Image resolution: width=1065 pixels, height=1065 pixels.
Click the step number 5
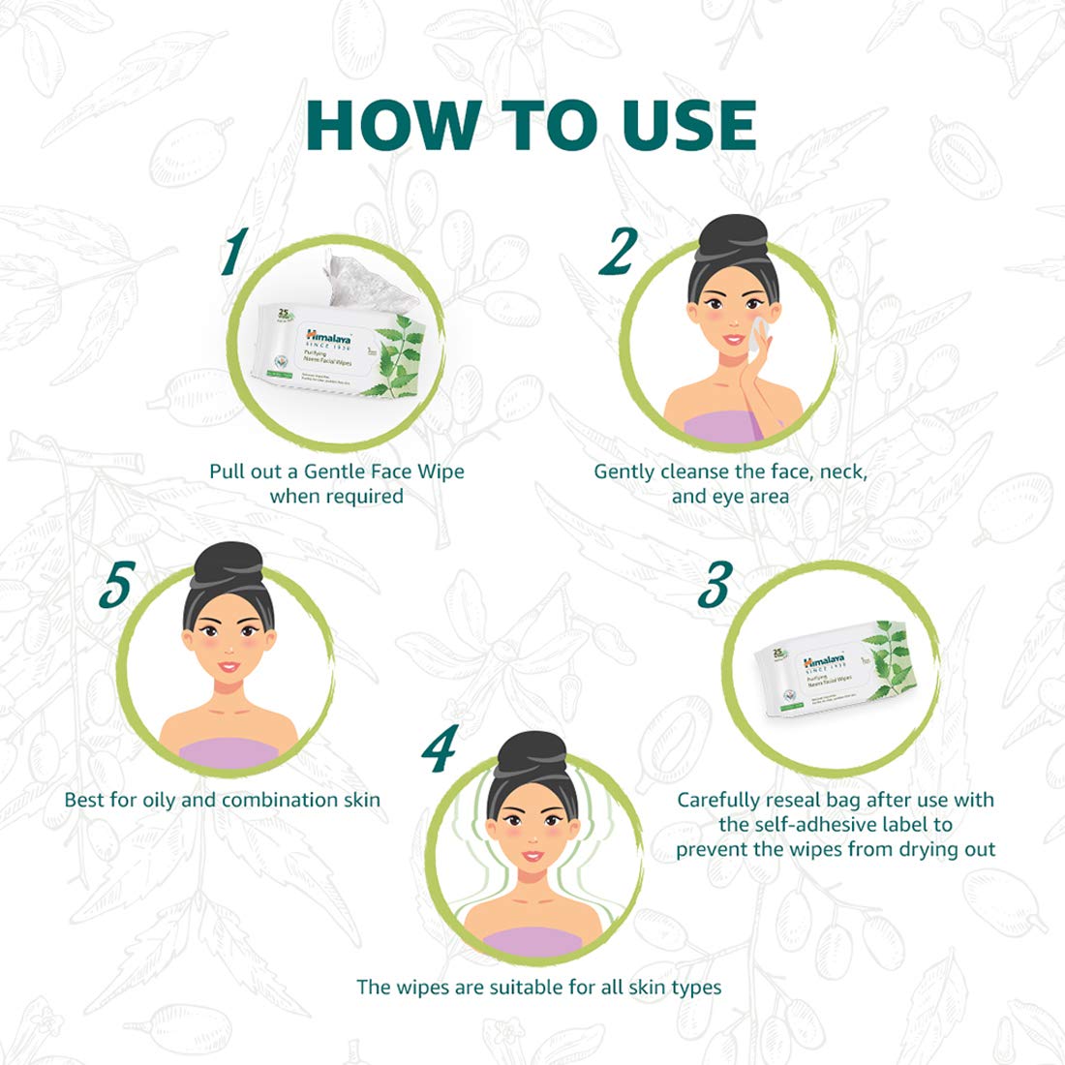click(x=115, y=587)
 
